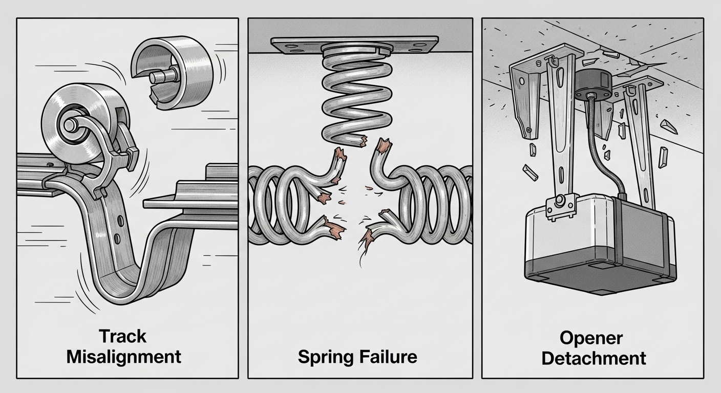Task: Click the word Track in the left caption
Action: tap(122, 336)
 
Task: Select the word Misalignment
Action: tap(123, 356)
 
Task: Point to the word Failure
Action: tap(388, 356)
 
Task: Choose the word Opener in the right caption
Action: tap(591, 338)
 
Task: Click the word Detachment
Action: tap(593, 358)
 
